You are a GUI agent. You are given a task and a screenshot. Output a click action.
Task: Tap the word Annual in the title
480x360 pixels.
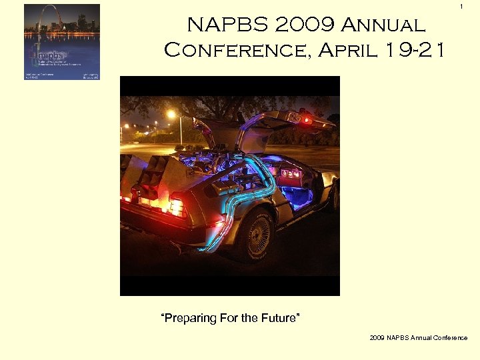tap(384, 25)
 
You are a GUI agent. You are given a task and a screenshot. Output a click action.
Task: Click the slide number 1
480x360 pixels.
tap(460, 7)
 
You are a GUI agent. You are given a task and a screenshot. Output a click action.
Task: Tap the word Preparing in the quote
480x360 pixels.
tap(190, 318)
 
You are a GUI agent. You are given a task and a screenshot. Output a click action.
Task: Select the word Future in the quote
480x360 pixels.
tap(281, 318)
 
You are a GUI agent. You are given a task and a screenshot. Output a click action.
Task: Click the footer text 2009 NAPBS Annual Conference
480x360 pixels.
tap(419, 338)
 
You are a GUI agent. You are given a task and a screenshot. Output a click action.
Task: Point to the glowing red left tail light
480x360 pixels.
tap(177, 207)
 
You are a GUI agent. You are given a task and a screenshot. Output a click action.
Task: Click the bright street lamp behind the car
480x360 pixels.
tap(171, 115)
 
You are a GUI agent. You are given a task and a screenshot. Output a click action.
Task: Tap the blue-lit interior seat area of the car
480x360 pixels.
tap(297, 197)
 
